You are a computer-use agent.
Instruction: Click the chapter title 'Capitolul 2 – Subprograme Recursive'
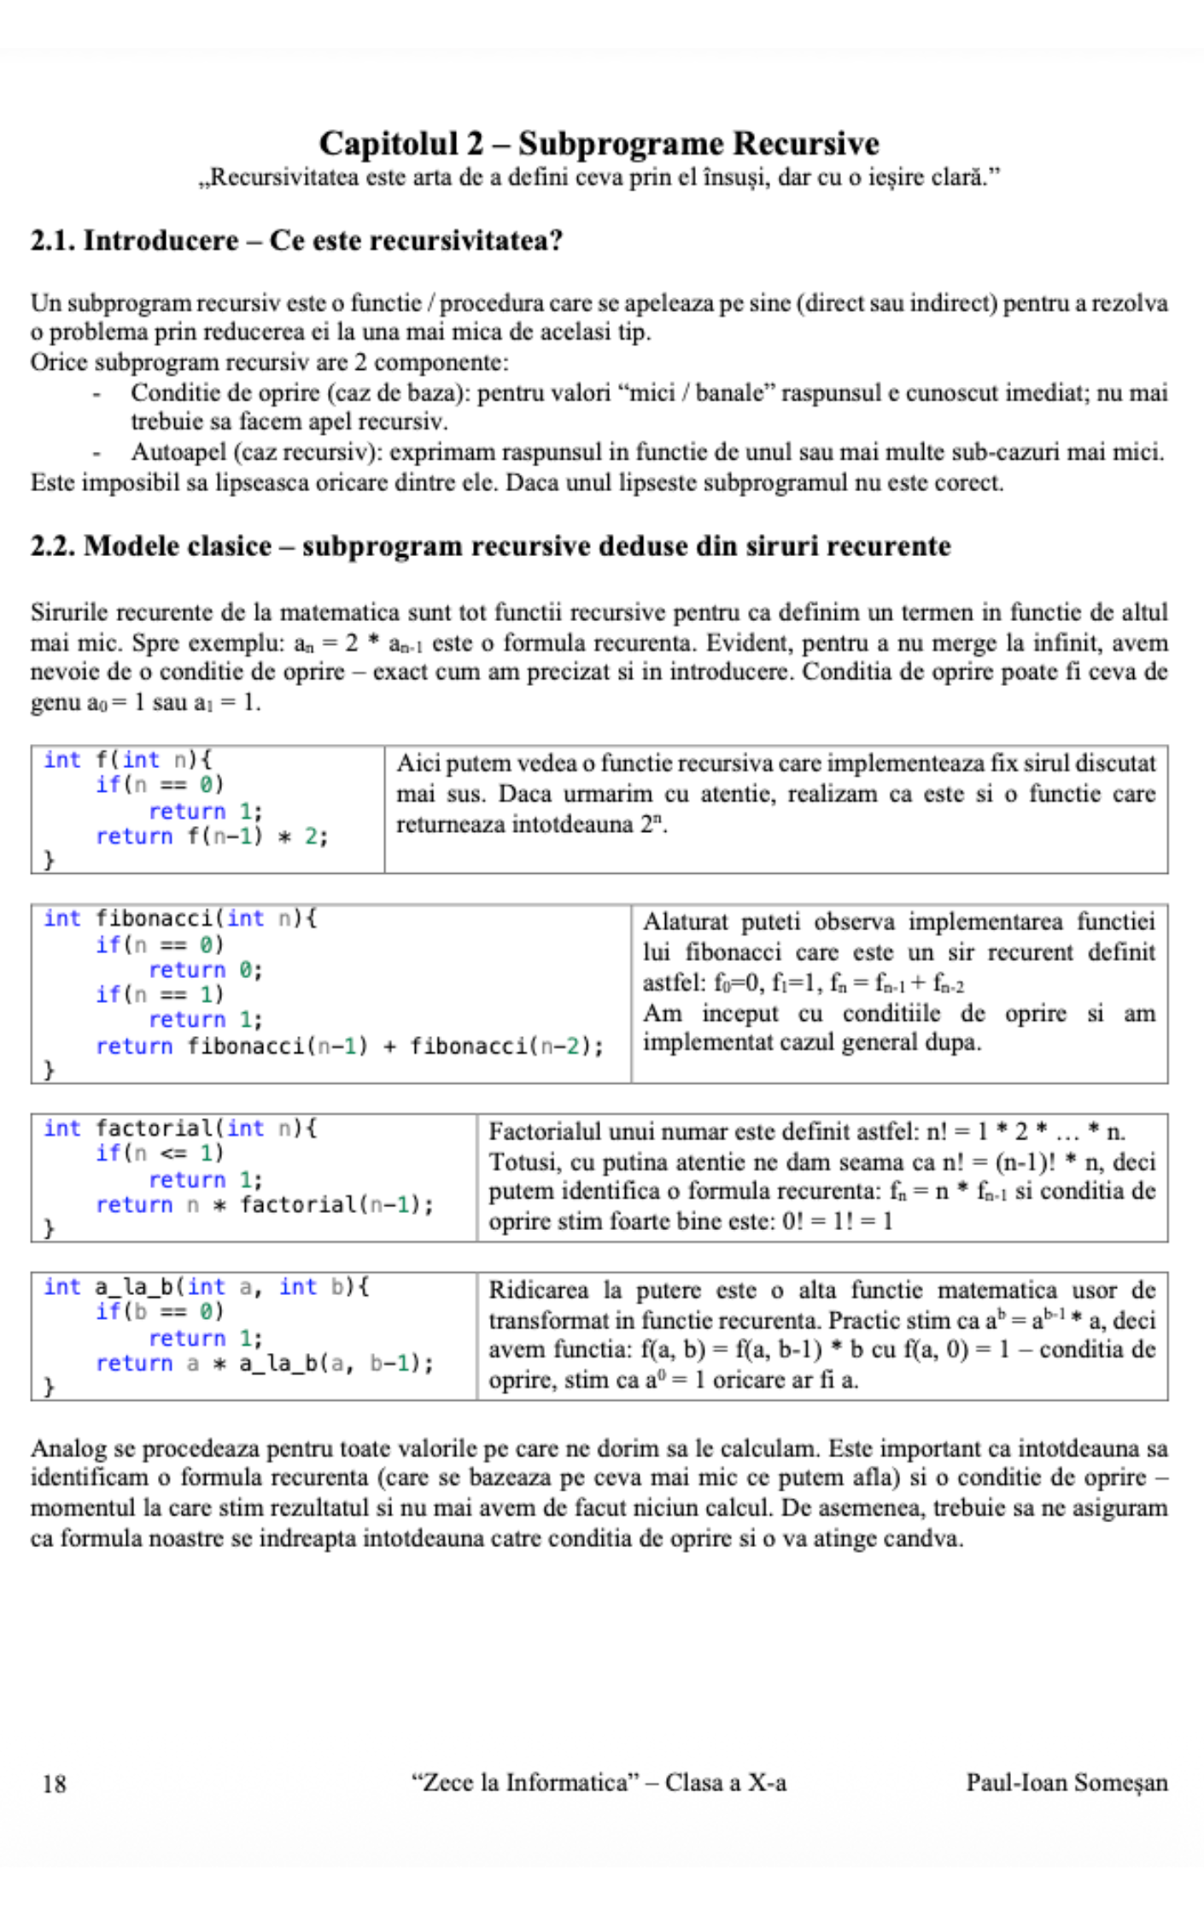coord(599,143)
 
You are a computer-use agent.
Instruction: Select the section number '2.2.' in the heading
coord(53,546)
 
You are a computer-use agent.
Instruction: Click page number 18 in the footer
coord(54,1784)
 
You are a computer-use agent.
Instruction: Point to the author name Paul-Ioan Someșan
coord(1066,1783)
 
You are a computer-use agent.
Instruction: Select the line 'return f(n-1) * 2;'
coord(211,836)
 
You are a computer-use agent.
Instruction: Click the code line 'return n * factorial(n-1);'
coord(264,1204)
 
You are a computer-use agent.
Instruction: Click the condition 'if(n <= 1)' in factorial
coord(159,1153)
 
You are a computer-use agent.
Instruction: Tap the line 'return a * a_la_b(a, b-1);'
coord(264,1363)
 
